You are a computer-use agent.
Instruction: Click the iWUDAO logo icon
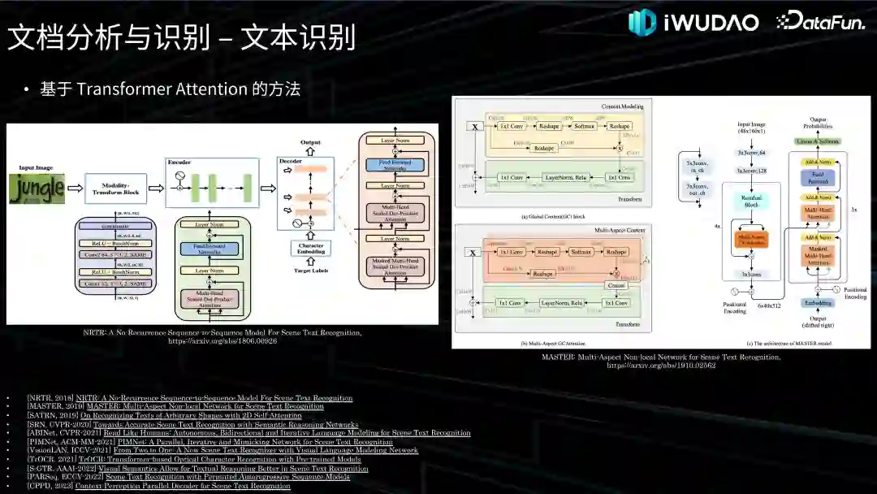point(642,22)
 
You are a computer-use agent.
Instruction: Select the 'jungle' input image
point(37,188)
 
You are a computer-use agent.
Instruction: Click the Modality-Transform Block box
point(116,188)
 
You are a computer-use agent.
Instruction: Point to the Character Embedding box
point(310,249)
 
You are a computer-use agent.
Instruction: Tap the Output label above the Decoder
point(310,142)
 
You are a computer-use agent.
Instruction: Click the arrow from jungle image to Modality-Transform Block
point(75,188)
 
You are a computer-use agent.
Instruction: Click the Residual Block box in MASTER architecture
point(750,202)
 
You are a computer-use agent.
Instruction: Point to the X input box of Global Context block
point(473,127)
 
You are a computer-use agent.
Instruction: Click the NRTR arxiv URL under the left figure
point(222,341)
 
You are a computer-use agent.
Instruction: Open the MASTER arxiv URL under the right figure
point(661,366)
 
